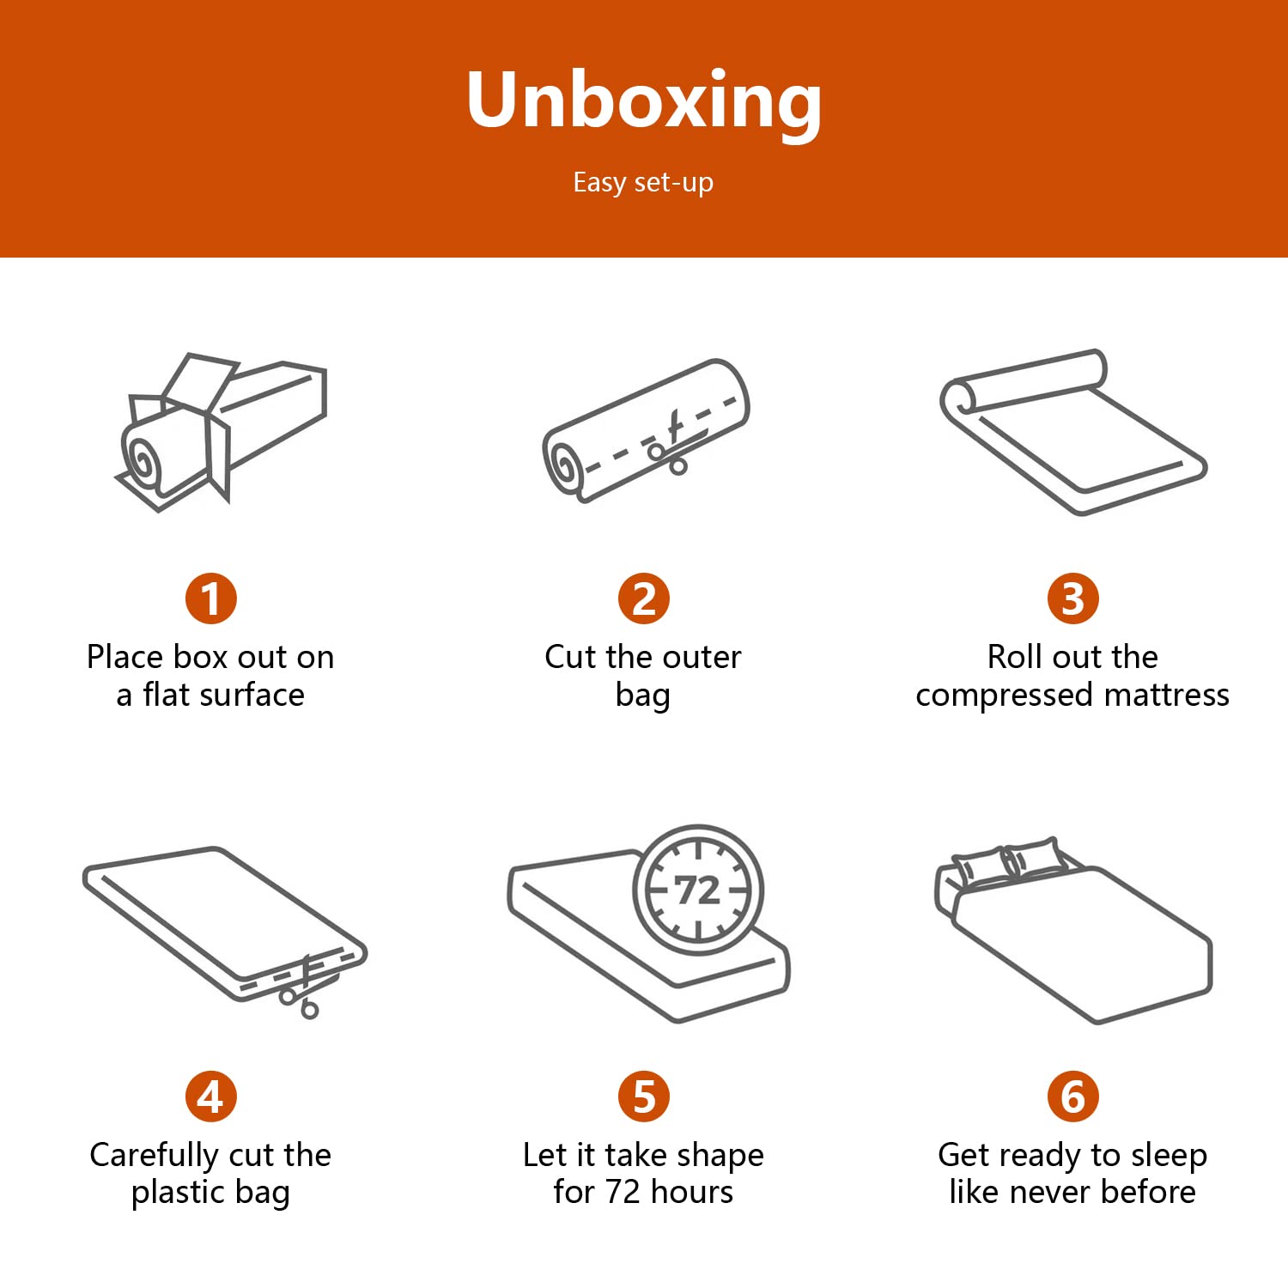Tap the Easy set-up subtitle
(643, 183)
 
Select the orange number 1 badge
(210, 598)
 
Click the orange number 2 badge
(644, 598)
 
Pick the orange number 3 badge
(1073, 598)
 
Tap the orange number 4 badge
(210, 1097)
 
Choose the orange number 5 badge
(644, 1097)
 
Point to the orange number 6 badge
(1073, 1097)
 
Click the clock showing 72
(697, 890)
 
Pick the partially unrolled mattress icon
(1073, 432)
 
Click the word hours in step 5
(691, 1192)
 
